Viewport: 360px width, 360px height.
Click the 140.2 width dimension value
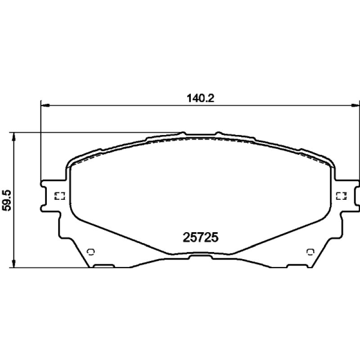coord(200,99)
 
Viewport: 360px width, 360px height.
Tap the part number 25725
coord(200,238)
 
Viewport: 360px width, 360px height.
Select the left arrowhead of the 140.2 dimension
coord(45,105)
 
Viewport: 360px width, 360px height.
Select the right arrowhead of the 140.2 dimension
coord(355,105)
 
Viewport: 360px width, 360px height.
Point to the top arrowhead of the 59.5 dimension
coord(14,137)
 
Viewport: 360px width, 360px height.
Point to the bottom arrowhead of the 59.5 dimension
coord(14,263)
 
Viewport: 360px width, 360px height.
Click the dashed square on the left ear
coord(60,196)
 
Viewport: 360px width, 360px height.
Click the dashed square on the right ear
coord(341,196)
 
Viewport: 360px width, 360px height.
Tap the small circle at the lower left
coord(91,252)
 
